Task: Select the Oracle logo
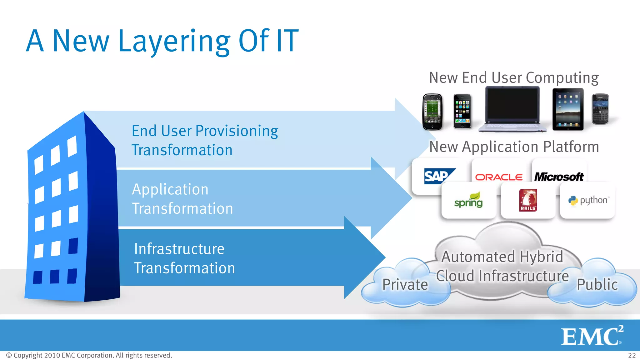point(499,177)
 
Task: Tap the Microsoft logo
point(559,177)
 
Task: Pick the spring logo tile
point(468,201)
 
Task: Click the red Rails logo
point(528,200)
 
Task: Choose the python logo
point(588,200)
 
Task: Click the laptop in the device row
point(512,109)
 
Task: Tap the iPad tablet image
point(568,110)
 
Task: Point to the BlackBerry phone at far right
point(600,109)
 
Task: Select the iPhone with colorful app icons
point(462,112)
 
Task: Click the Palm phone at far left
point(432,112)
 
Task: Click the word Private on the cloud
point(405,284)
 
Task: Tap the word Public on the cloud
point(597,284)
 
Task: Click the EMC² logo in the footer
point(592,336)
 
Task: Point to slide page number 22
point(632,355)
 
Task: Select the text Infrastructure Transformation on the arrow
point(184,258)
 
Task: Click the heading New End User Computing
point(514,77)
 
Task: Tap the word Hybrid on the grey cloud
point(542,257)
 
